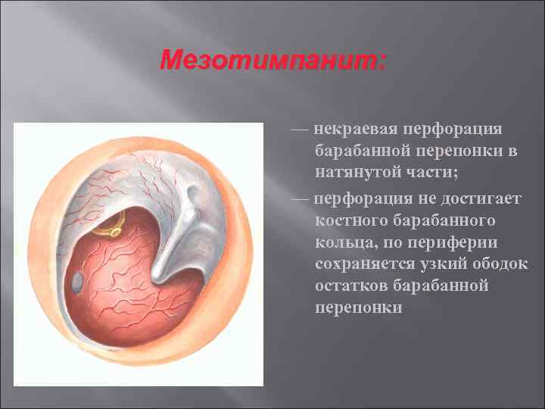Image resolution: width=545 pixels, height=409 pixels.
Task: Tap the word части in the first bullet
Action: (434, 173)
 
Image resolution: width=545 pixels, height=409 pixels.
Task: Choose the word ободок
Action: (505, 265)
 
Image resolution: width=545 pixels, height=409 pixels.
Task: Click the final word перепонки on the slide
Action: (360, 309)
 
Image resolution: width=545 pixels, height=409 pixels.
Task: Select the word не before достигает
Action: (412, 200)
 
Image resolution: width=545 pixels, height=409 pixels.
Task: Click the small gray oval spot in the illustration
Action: (78, 282)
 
